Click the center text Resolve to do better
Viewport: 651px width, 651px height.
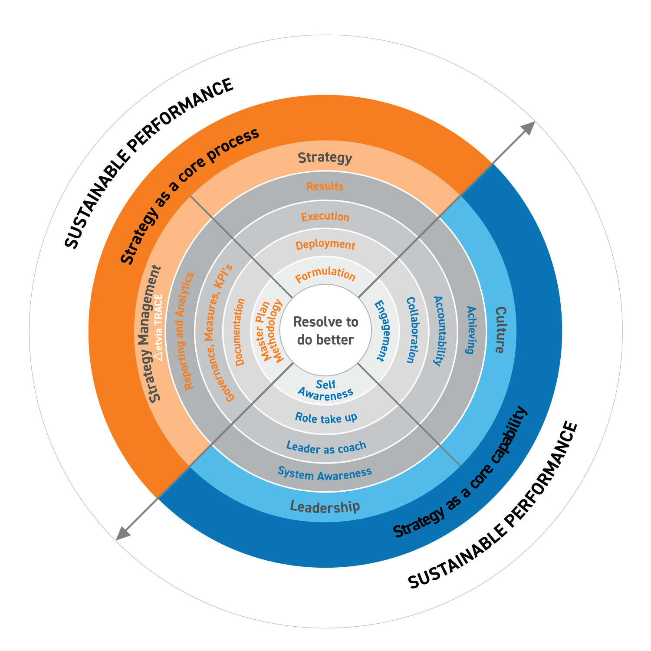point(325,331)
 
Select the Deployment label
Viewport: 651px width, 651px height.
point(325,245)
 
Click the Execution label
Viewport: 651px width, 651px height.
point(325,216)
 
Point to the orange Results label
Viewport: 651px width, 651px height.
point(325,186)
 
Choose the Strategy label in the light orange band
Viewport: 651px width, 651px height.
point(325,158)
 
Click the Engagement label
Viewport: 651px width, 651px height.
point(380,330)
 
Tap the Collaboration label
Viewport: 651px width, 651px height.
point(411,330)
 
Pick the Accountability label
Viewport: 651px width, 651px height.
point(440,331)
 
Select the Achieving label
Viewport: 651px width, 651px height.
point(470,330)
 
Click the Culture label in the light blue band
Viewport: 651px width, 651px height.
point(500,330)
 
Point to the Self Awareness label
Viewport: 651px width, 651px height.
point(325,390)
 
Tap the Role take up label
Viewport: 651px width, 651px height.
point(326,418)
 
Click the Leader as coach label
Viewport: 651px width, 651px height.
point(326,447)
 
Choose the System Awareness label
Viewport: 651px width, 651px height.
point(325,473)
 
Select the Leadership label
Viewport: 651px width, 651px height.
point(325,506)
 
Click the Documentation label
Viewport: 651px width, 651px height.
point(240,332)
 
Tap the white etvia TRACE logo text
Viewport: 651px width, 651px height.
point(158,328)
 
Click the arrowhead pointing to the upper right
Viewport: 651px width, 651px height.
point(529,128)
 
